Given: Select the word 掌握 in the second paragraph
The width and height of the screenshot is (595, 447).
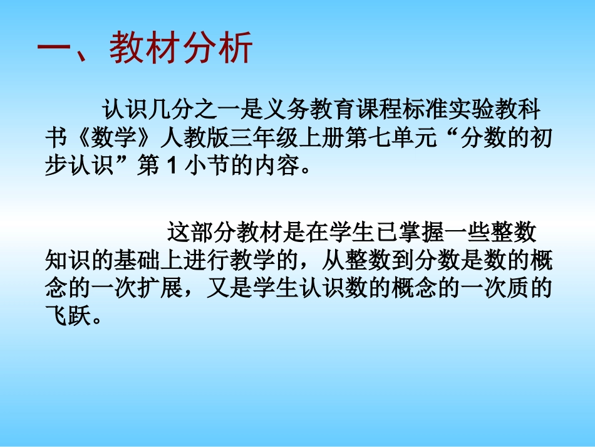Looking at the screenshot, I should point(413,232).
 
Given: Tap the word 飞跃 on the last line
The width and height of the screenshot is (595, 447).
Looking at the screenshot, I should point(68,317).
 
